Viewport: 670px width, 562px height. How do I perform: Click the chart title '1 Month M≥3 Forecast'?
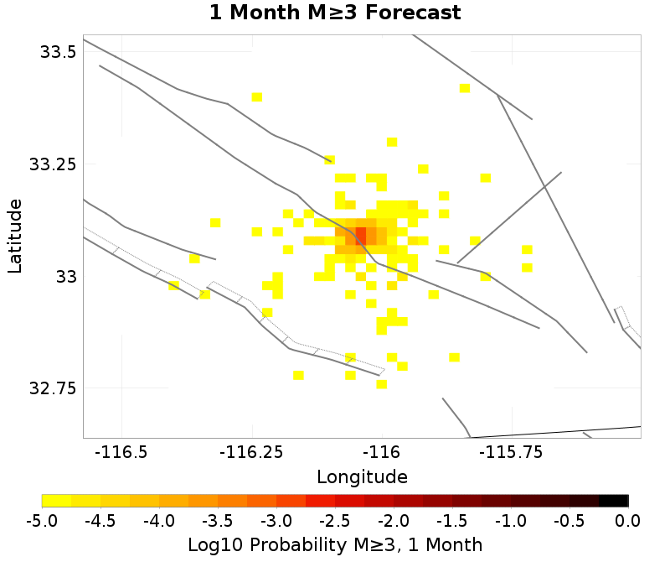pos(334,13)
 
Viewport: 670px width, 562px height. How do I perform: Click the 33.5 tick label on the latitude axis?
pos(59,52)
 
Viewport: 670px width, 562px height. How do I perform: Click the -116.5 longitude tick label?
pos(121,453)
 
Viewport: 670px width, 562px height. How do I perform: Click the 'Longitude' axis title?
pos(362,477)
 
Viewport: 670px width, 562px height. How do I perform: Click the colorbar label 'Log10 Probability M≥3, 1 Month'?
pos(334,544)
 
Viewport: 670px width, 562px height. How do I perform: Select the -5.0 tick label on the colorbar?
pos(42,521)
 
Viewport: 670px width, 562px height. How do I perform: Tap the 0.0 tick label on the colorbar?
pos(628,521)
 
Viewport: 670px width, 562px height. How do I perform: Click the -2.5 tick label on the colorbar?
pos(335,521)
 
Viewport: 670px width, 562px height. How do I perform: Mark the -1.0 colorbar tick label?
pos(511,521)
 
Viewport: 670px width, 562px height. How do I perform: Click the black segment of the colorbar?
pos(614,501)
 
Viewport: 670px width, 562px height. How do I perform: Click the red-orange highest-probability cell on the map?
pos(361,233)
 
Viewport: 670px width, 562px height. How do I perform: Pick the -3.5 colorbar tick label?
pos(218,521)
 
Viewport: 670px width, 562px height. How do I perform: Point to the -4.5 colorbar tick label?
pos(100,521)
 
